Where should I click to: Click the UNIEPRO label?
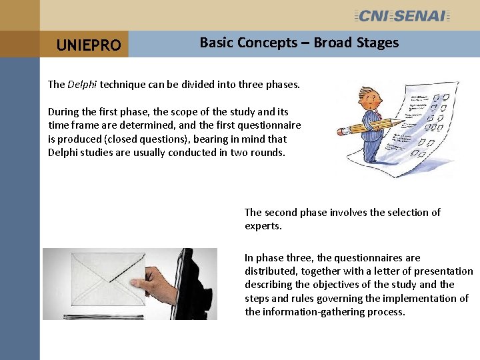89,45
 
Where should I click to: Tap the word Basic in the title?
215,43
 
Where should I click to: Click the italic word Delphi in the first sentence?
82,85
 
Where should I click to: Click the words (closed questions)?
107,139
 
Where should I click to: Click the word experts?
263,226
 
